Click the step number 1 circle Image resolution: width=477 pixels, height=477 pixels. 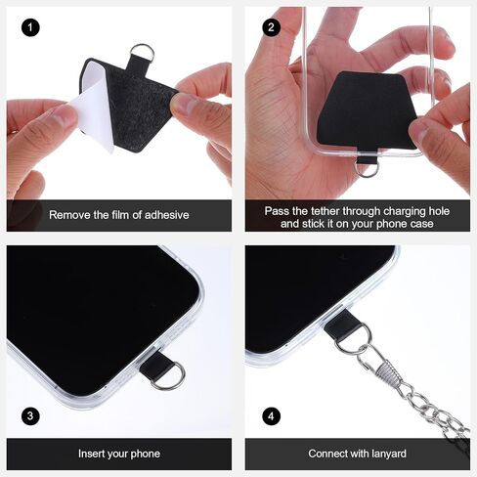pyautogui.click(x=30, y=27)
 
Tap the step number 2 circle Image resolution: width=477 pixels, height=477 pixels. pyautogui.click(x=271, y=27)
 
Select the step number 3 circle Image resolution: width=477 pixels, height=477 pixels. pyautogui.click(x=30, y=416)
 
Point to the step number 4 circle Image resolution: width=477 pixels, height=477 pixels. pyautogui.click(x=271, y=416)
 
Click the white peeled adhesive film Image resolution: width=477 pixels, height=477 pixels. pyautogui.click(x=94, y=108)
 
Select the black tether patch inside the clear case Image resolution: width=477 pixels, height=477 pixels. pyautogui.click(x=366, y=110)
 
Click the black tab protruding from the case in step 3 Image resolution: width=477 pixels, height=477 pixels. pyautogui.click(x=157, y=367)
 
